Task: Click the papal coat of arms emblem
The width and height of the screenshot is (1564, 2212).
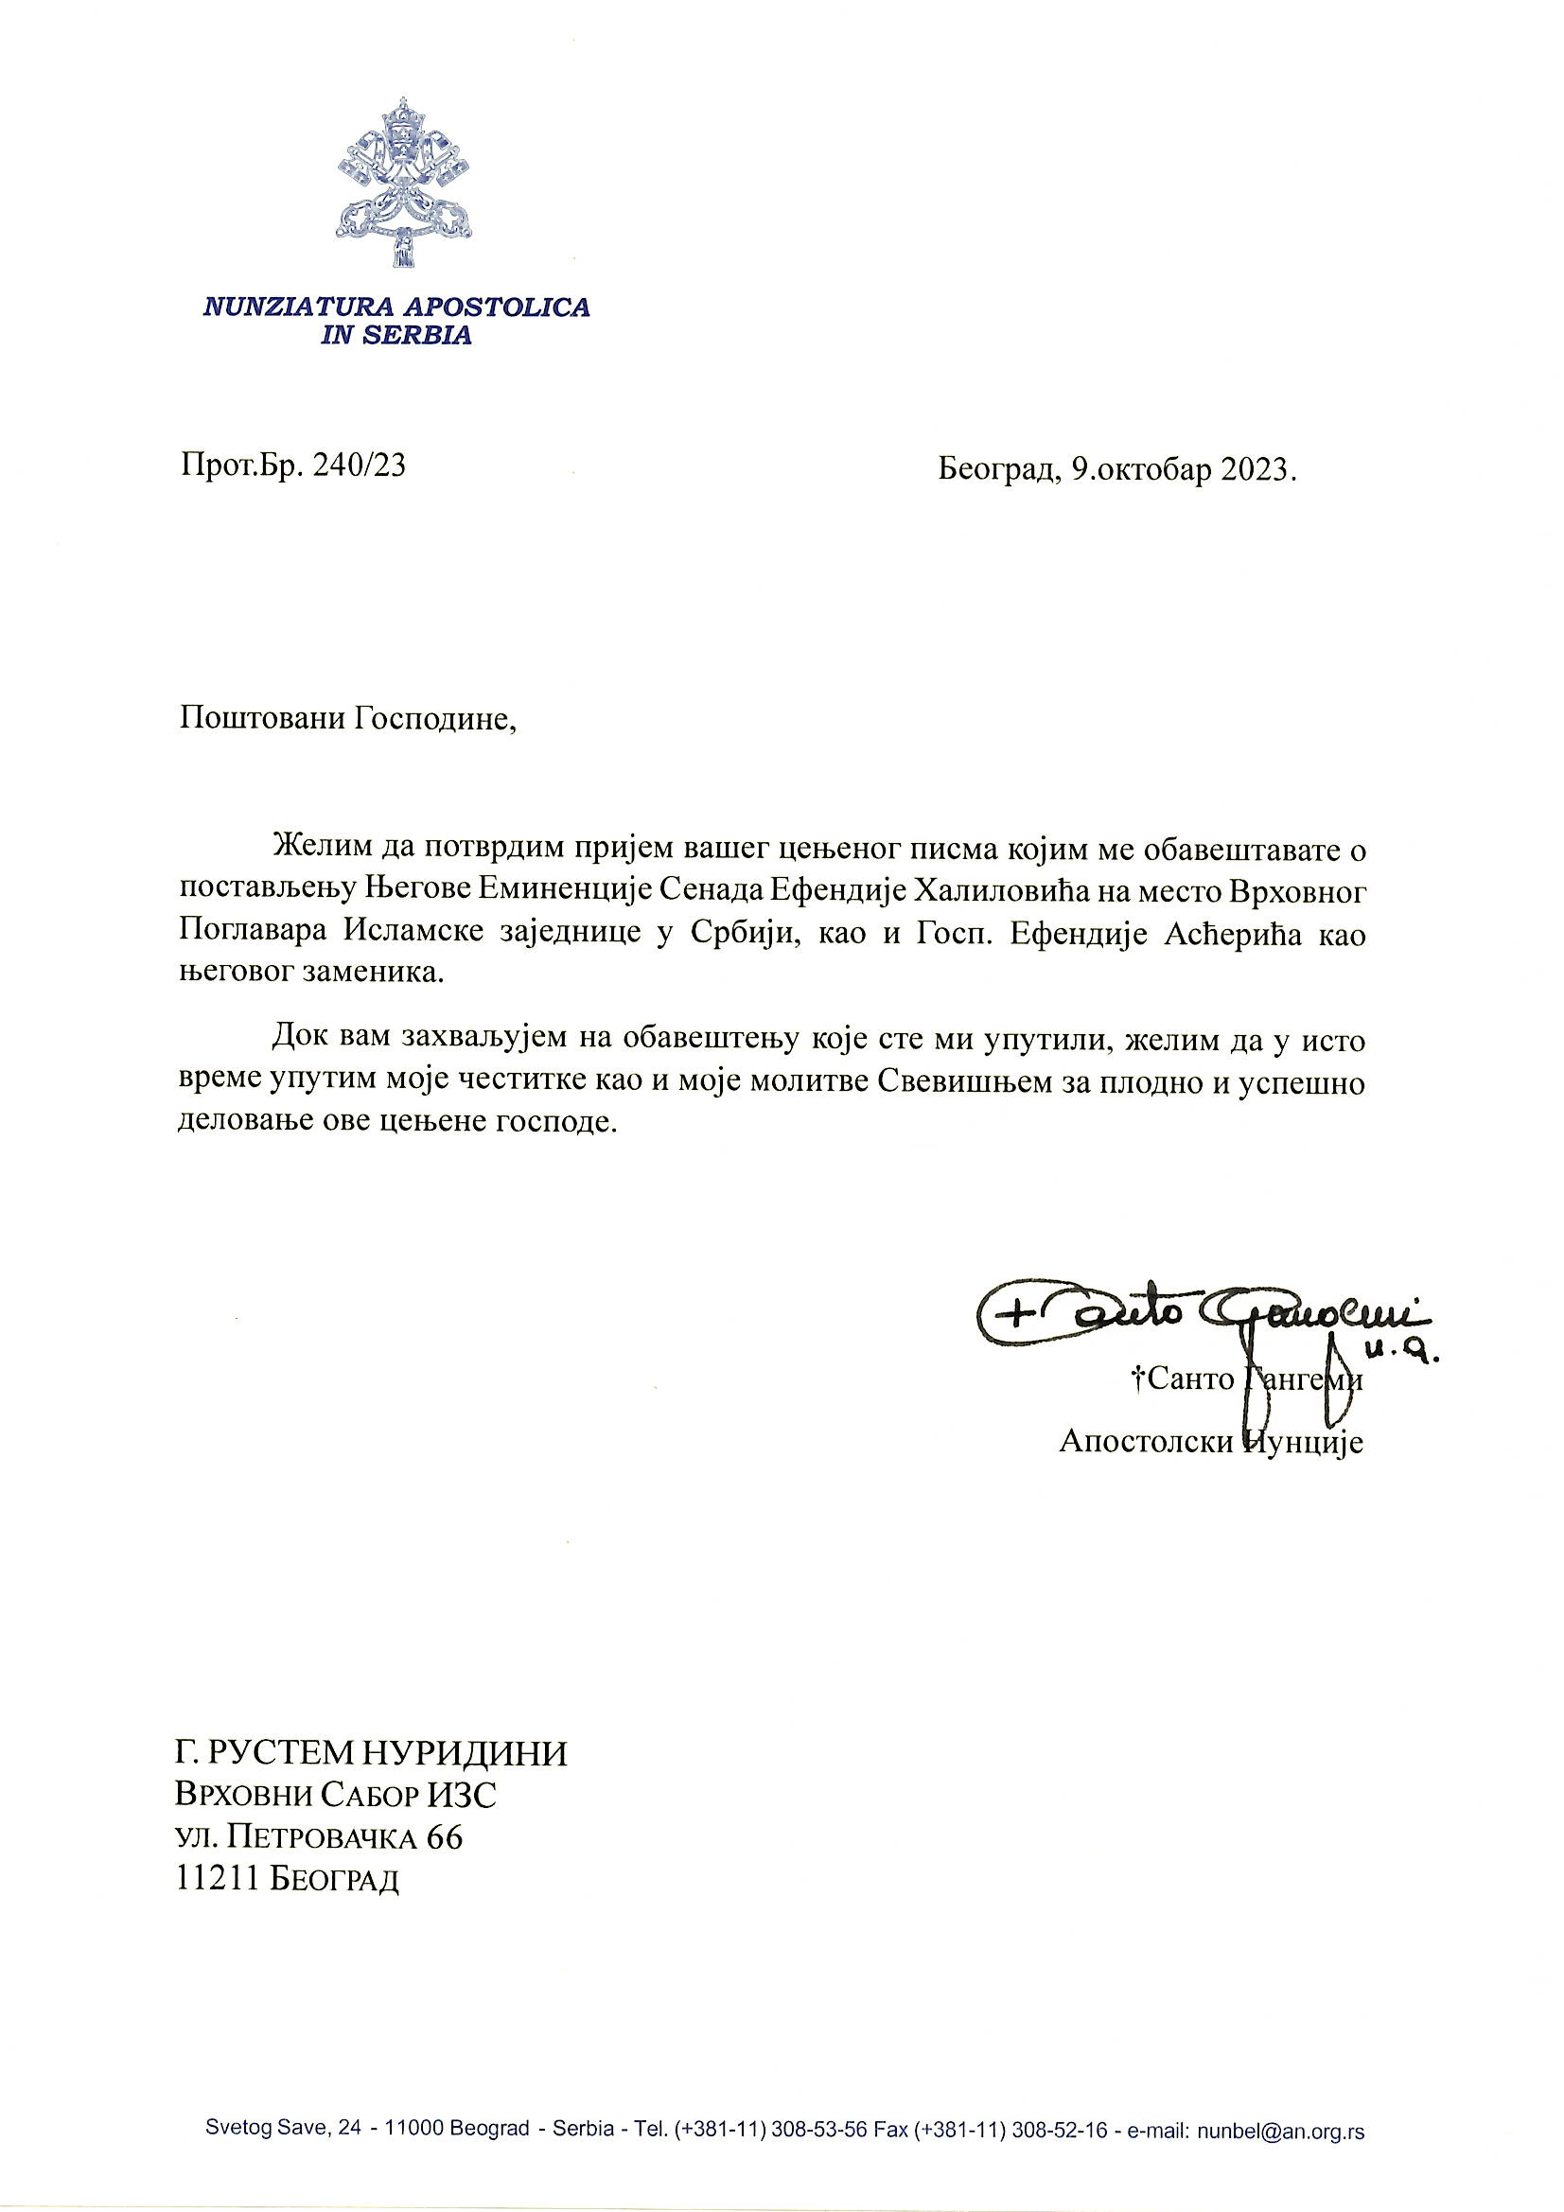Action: coord(404,182)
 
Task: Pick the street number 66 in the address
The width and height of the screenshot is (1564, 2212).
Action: coord(445,1837)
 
